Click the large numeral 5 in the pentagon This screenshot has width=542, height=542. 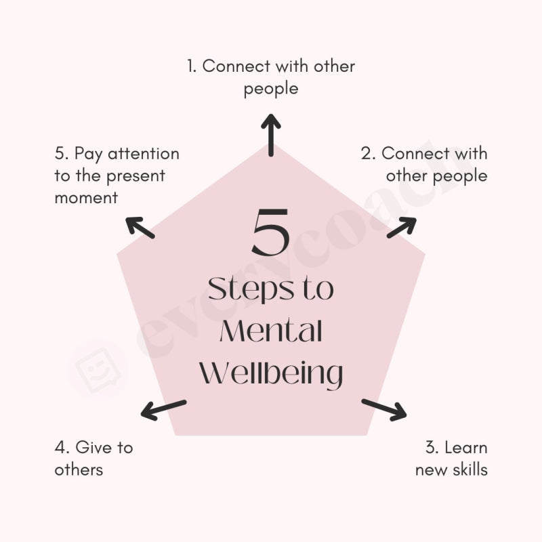point(271,232)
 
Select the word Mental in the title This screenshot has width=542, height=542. point(271,332)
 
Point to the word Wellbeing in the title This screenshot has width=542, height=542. point(273,375)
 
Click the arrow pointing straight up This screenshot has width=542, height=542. point(271,134)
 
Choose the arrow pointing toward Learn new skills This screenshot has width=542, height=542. point(383,409)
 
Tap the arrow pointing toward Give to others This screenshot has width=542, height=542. point(163,409)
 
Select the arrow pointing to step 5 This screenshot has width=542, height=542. point(140,228)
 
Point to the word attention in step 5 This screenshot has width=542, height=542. point(143,154)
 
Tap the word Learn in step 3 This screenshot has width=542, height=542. point(465,447)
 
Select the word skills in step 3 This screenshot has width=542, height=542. point(470,469)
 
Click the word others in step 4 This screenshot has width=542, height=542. point(79,469)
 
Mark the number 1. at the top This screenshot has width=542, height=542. point(192,66)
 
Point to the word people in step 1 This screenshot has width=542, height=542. point(271,89)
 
